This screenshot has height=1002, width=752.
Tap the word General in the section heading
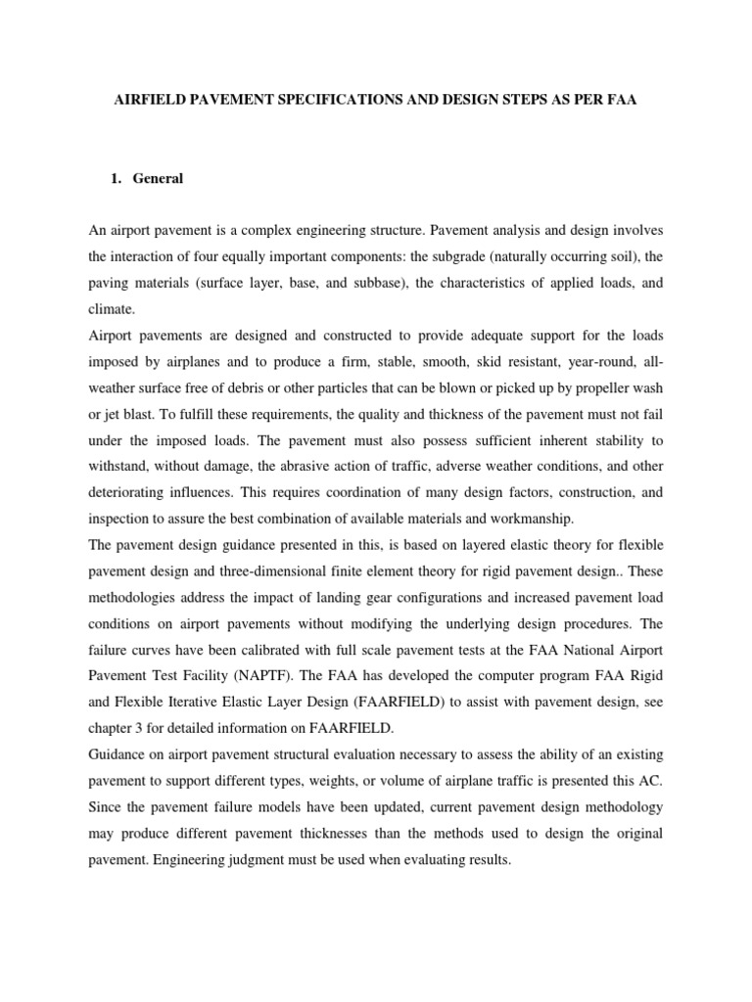[x=159, y=179]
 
